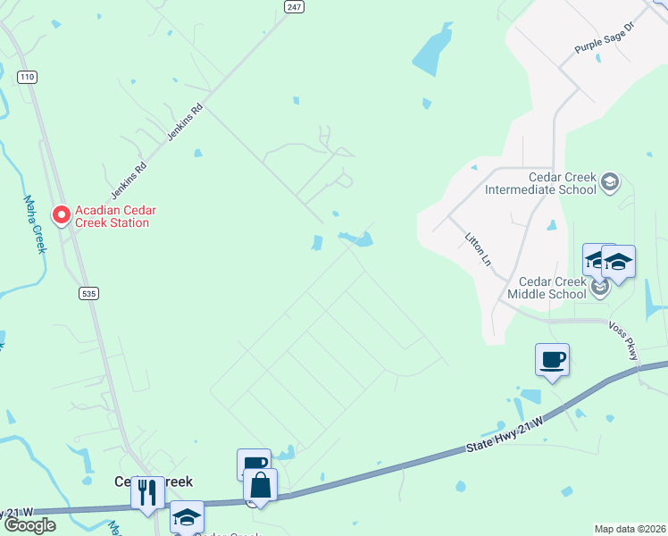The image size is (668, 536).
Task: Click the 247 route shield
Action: (x=294, y=6)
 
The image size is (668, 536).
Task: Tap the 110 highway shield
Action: (x=27, y=78)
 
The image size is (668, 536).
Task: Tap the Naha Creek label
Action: (x=33, y=224)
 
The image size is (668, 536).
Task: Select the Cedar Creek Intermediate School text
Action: (x=539, y=183)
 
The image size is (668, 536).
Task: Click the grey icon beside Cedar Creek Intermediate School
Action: (x=610, y=183)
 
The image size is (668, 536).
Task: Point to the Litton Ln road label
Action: (x=478, y=251)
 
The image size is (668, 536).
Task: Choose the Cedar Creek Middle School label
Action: (x=547, y=288)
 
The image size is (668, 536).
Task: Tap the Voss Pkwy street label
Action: (x=624, y=341)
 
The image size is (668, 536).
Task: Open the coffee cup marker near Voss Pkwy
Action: (x=552, y=360)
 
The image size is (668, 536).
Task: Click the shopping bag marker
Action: (x=260, y=486)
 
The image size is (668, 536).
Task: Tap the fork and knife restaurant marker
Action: (x=147, y=491)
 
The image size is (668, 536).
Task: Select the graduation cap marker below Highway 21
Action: (x=187, y=516)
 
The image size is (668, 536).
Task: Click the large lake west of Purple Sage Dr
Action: (x=432, y=50)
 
